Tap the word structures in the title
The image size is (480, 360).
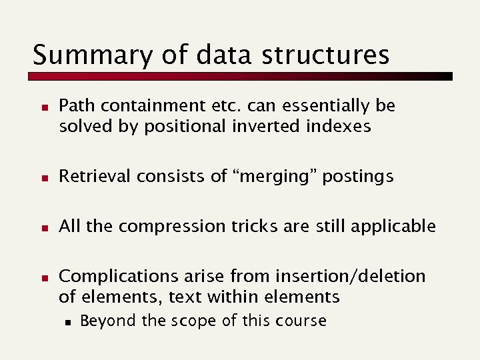coord(325,55)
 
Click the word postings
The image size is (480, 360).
coord(358,177)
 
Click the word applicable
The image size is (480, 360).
coord(397,227)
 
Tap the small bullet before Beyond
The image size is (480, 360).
coord(68,321)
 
